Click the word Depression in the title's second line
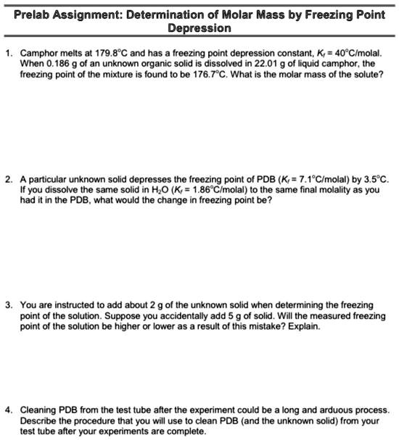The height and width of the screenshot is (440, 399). (199, 28)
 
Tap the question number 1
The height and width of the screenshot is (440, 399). (7, 54)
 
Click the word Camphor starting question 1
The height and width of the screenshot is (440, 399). (38, 54)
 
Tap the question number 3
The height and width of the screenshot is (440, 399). (7, 306)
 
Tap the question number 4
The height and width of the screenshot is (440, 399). (7, 410)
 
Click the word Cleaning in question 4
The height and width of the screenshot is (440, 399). (38, 410)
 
